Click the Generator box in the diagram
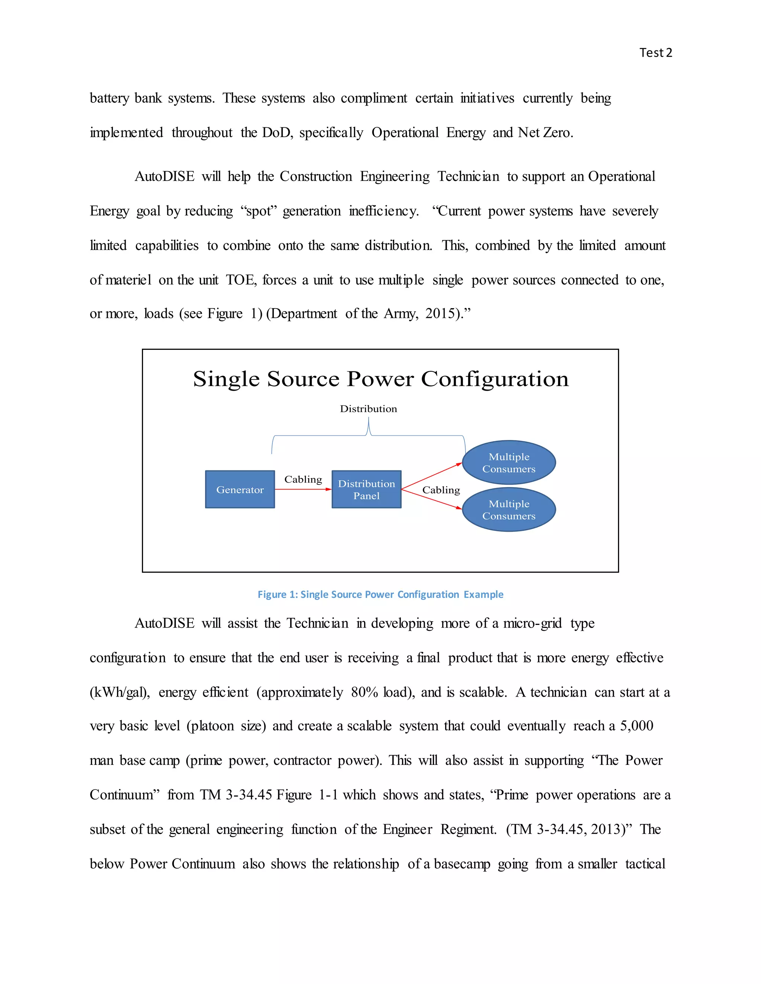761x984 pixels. tap(239, 489)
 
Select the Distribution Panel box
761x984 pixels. tap(366, 489)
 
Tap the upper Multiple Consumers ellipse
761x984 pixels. tap(509, 462)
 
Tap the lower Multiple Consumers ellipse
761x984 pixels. tap(509, 509)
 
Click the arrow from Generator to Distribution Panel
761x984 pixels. tap(302, 489)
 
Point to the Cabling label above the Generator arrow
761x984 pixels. tap(303, 479)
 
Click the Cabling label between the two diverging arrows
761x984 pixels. tap(441, 490)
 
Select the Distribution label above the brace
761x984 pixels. tap(368, 409)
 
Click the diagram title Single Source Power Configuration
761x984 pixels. tap(380, 378)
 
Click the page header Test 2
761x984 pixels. tap(655, 53)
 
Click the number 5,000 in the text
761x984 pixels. tap(636, 726)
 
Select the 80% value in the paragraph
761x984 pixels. tap(364, 692)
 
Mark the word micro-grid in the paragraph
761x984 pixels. tap(532, 623)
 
